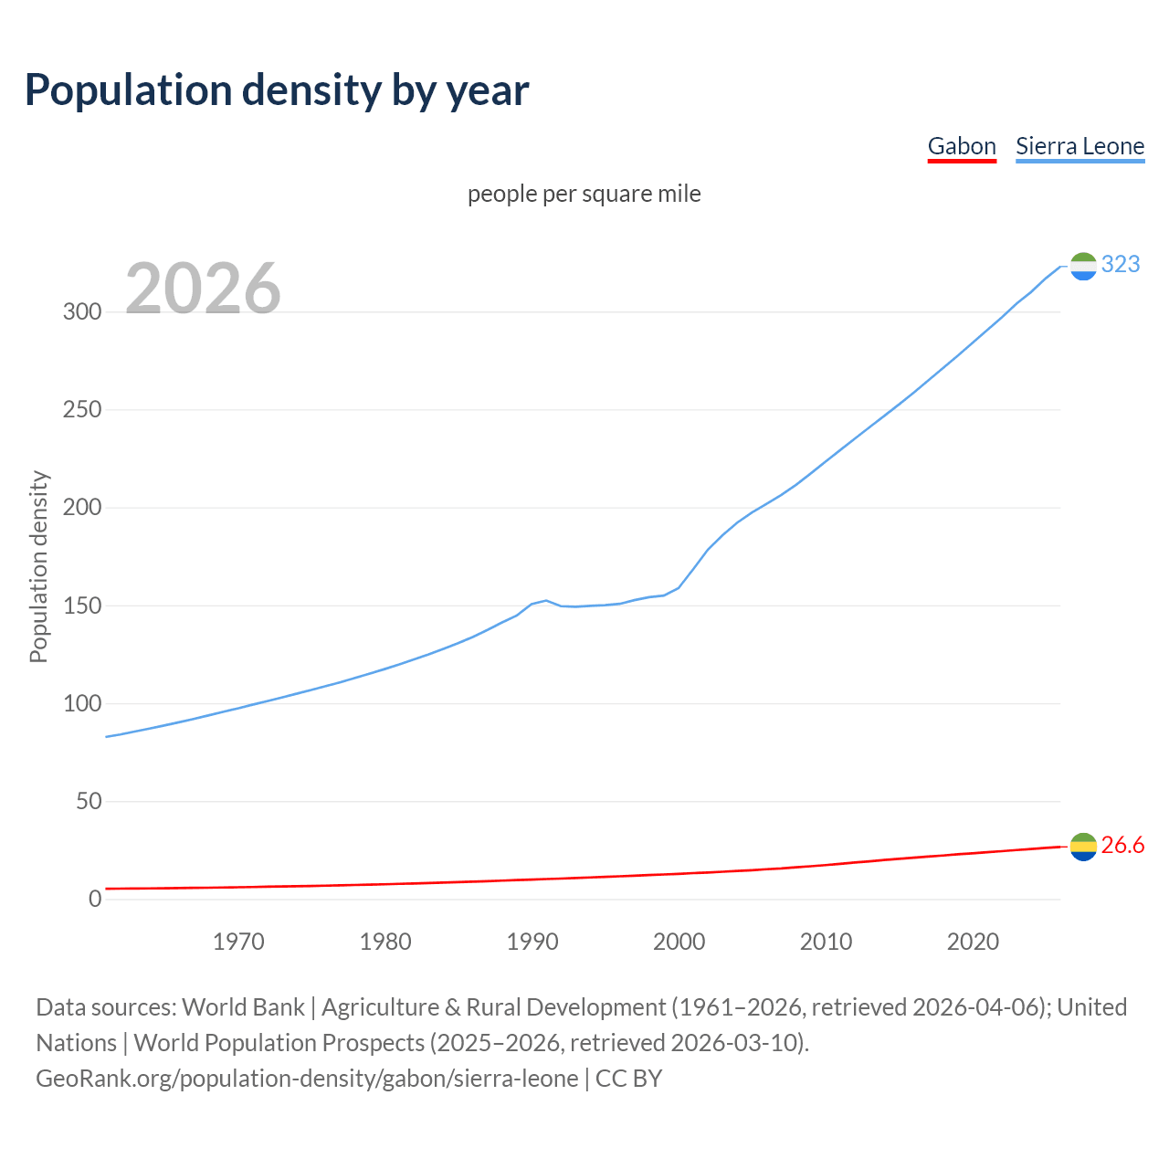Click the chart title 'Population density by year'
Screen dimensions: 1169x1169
click(277, 90)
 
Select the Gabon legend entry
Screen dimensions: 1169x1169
click(962, 146)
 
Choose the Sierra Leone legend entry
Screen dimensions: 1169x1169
click(1079, 146)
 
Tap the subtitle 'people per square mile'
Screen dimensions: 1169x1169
click(584, 194)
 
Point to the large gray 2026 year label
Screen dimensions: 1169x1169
click(203, 289)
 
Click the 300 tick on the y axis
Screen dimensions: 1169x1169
click(82, 311)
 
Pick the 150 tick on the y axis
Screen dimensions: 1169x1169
click(82, 606)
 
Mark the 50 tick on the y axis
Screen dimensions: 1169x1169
click(89, 802)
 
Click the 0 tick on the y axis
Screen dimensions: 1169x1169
click(95, 900)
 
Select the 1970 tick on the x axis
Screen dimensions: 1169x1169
click(238, 942)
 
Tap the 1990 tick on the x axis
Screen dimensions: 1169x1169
click(532, 942)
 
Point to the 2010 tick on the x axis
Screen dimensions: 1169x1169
click(826, 942)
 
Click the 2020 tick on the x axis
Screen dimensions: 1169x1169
click(973, 942)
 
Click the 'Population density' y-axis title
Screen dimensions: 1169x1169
click(38, 566)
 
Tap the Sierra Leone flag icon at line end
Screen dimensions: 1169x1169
click(1083, 266)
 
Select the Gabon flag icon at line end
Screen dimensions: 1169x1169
click(1083, 847)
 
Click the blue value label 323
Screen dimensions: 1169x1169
click(1121, 265)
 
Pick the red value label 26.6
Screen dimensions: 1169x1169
click(1122, 846)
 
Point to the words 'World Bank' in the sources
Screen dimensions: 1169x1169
click(243, 1007)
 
